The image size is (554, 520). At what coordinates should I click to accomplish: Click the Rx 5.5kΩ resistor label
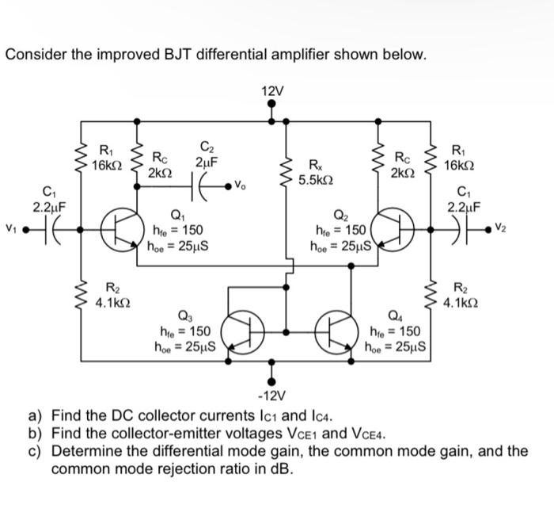(317, 173)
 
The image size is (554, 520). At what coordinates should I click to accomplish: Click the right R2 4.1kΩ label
(458, 296)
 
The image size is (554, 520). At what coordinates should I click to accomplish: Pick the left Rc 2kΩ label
(159, 166)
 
